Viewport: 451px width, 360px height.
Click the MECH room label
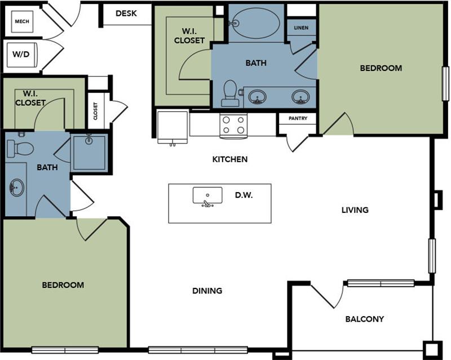tap(22, 21)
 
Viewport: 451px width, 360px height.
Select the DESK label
tap(126, 14)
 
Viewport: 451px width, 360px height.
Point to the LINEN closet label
tap(301, 28)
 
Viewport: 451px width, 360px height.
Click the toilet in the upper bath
tap(229, 93)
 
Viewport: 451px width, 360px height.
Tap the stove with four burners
tap(233, 125)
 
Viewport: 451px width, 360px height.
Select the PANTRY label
tap(297, 119)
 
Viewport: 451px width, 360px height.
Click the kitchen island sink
tap(207, 196)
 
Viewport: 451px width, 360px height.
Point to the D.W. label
tap(244, 195)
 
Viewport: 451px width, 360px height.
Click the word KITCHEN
tap(229, 159)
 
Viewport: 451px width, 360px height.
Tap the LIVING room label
tap(355, 210)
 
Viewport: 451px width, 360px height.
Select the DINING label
tap(207, 291)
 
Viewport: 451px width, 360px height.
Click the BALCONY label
tap(364, 319)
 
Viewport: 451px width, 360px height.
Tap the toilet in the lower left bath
tap(21, 148)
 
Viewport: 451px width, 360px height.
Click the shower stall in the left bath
tap(89, 152)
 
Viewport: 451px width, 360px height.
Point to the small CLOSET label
tap(95, 111)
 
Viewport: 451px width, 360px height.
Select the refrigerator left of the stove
tap(173, 126)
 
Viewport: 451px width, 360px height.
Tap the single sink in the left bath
tap(16, 187)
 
